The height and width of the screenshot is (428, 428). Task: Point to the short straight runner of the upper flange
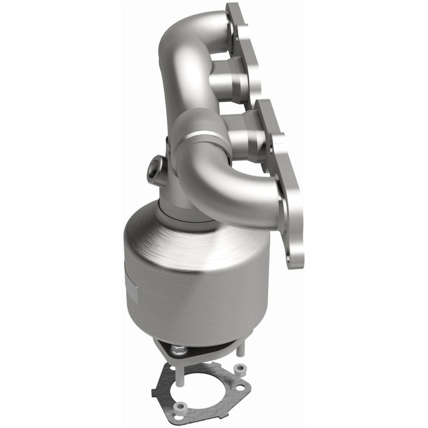pyautogui.click(x=227, y=81)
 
